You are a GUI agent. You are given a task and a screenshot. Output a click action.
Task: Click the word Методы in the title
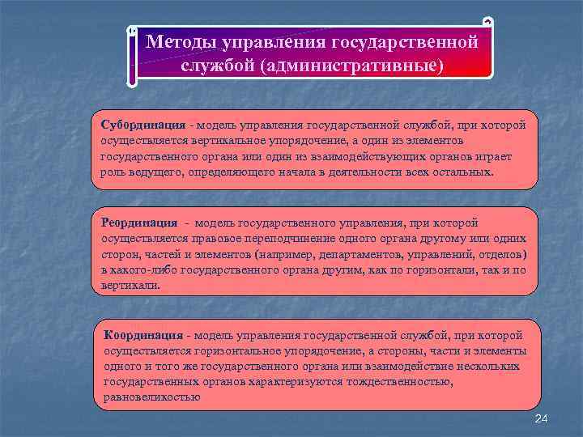[176, 41]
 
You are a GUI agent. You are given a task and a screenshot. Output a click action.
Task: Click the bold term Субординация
[142, 126]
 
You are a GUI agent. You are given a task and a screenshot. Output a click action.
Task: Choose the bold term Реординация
[139, 223]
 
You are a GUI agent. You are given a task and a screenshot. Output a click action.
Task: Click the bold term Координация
[143, 334]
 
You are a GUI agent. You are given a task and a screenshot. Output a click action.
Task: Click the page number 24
[542, 417]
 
